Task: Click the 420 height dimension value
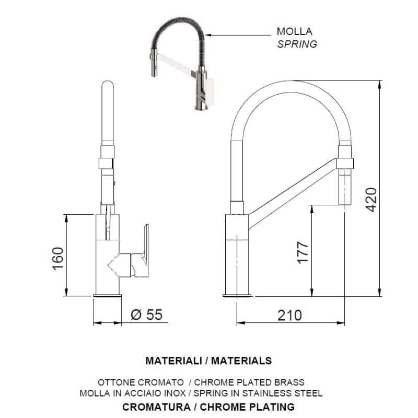[x=371, y=200]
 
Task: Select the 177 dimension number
[x=303, y=252]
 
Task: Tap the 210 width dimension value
[x=290, y=316]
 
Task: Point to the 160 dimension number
[x=58, y=259]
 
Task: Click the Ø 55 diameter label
[x=146, y=315]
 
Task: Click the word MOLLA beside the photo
[x=294, y=31]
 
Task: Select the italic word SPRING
[x=297, y=44]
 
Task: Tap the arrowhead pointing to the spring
[x=208, y=35]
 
